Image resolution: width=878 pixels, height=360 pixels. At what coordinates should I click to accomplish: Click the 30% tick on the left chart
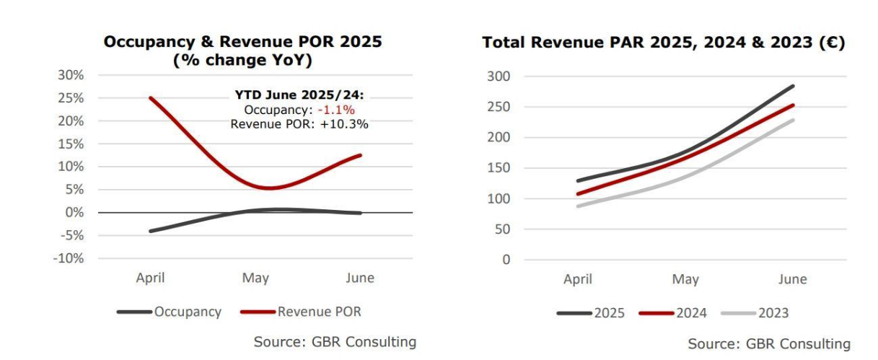[x=70, y=75]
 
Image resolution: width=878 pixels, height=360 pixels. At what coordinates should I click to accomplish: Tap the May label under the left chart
[x=255, y=278]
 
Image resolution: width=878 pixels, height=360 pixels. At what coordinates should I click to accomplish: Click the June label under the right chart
[x=792, y=279]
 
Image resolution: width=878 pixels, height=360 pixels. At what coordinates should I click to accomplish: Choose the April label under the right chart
[x=578, y=279]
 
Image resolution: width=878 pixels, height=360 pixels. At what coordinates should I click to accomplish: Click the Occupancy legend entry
[x=187, y=312]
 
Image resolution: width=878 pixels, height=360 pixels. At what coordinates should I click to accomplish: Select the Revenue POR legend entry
[x=319, y=312]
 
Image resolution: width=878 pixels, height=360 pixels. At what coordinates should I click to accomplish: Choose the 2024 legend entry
[x=691, y=313]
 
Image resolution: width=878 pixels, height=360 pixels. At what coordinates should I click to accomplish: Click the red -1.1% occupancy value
[x=339, y=109]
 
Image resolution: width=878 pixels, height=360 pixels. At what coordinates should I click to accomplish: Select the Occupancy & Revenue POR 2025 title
[x=242, y=43]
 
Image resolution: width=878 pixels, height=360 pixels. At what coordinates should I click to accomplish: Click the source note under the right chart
[x=769, y=343]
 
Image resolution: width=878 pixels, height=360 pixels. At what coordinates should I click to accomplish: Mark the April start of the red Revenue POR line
[x=151, y=98]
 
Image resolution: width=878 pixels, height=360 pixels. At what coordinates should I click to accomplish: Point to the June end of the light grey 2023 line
[x=794, y=120]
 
